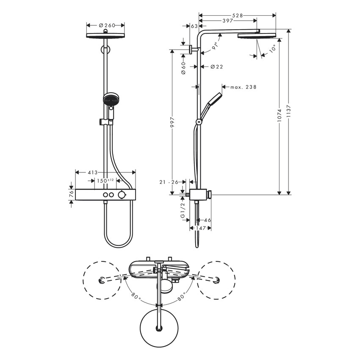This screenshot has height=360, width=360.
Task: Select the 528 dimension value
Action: click(x=238, y=15)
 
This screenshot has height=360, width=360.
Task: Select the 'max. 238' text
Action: click(x=244, y=87)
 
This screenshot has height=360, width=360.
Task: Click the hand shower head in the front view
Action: click(x=110, y=100)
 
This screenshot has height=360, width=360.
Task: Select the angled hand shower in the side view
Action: click(x=212, y=102)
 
